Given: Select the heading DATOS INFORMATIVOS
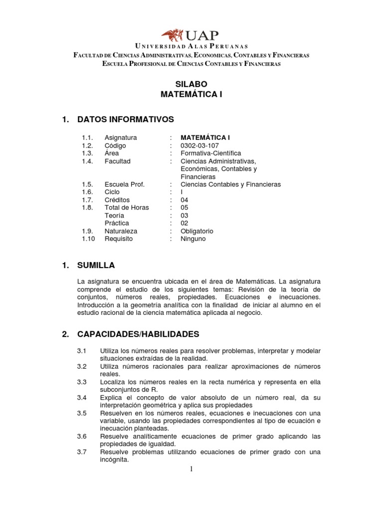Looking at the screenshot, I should [x=126, y=119].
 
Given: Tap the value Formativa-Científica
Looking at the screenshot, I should [x=210, y=153].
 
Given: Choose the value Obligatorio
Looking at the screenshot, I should [x=197, y=231].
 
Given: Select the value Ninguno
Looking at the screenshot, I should [x=193, y=239].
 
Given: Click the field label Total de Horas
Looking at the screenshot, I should [x=127, y=208].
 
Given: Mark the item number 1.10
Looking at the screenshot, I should [x=88, y=239].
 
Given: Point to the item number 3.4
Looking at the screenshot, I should [x=82, y=398].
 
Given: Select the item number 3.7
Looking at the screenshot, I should [x=82, y=452].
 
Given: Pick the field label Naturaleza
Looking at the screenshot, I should [x=121, y=231].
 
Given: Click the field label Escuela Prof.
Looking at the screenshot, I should [x=124, y=184].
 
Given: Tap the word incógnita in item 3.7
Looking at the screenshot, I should [x=114, y=460].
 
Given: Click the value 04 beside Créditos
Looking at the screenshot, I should [x=185, y=200].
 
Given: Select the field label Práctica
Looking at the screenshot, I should [x=117, y=223].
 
